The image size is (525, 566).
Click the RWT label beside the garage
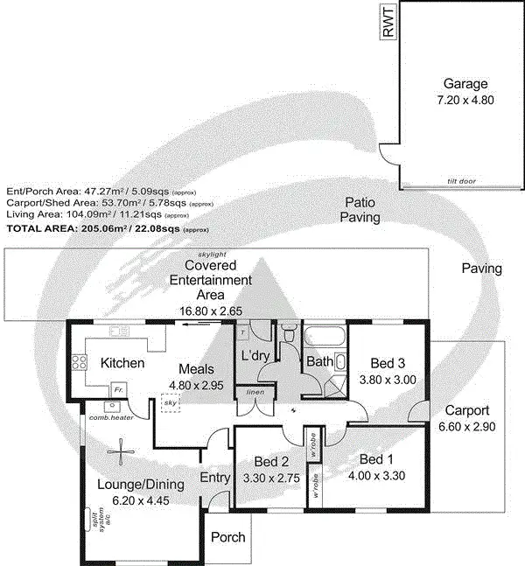click(388, 21)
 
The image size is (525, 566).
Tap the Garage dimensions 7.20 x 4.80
click(465, 101)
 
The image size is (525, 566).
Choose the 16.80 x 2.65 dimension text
click(218, 311)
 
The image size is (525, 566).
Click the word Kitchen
click(122, 363)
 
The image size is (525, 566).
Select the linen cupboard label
click(255, 393)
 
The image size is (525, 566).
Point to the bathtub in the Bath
click(325, 336)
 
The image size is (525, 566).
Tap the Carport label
click(466, 409)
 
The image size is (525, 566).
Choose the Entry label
click(214, 478)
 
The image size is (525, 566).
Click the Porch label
click(228, 537)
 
